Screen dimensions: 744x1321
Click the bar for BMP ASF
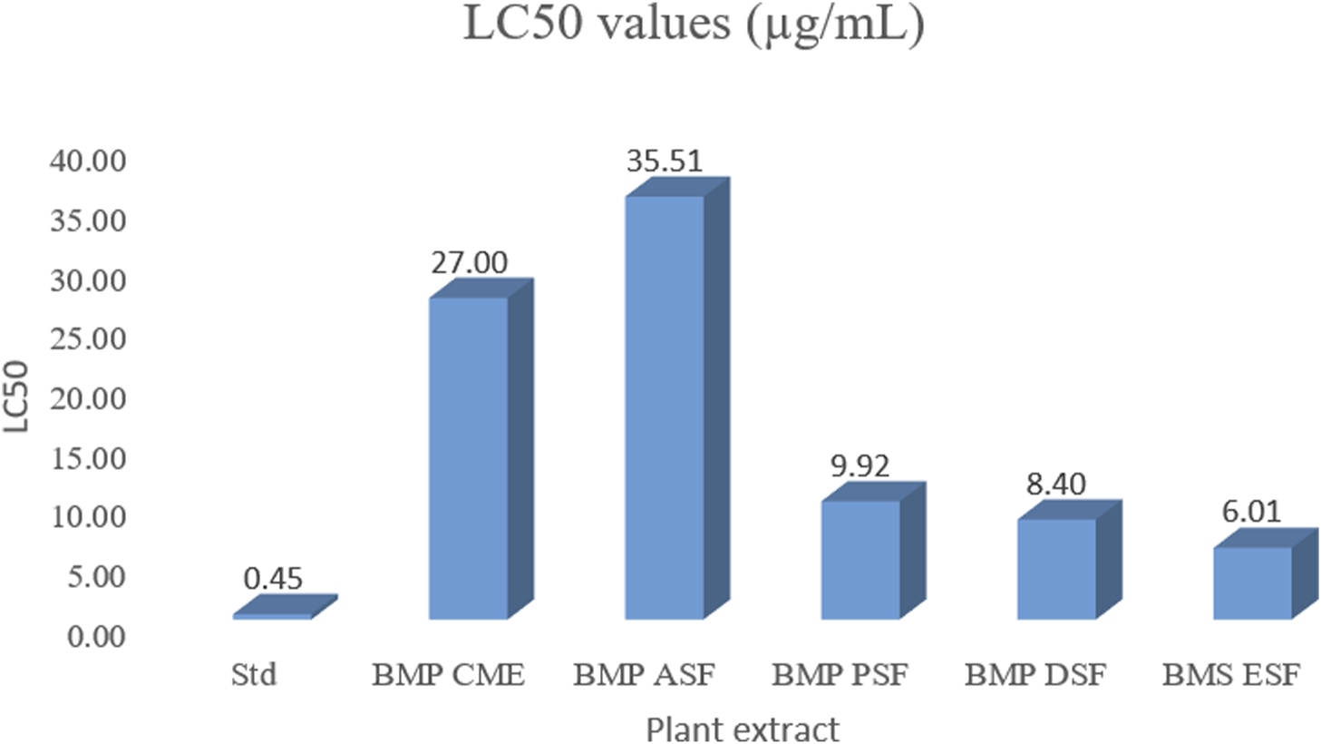pyautogui.click(x=665, y=408)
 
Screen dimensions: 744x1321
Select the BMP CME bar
pyautogui.click(x=469, y=458)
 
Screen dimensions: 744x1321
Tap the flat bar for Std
pyautogui.click(x=272, y=616)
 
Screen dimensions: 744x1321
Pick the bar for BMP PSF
pyautogui.click(x=860, y=560)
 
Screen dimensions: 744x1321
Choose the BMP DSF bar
pyautogui.click(x=1056, y=569)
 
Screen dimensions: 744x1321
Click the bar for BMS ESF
pyautogui.click(x=1252, y=583)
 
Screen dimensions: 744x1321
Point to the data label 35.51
pyautogui.click(x=665, y=162)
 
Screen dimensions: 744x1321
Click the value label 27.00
pyautogui.click(x=469, y=263)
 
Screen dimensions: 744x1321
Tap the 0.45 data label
pyautogui.click(x=273, y=579)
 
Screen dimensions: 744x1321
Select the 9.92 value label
pyautogui.click(x=860, y=466)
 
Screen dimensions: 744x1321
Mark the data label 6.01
pyautogui.click(x=1251, y=512)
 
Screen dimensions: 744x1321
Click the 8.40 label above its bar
pyautogui.click(x=1056, y=485)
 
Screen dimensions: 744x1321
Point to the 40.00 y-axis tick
pyautogui.click(x=88, y=162)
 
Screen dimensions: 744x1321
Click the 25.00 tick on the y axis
pyautogui.click(x=88, y=339)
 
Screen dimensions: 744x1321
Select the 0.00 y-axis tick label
pyautogui.click(x=96, y=636)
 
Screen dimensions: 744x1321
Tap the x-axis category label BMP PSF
pyautogui.click(x=840, y=675)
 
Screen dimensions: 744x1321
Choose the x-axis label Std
pyautogui.click(x=253, y=675)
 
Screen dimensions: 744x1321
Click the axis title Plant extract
pyautogui.click(x=742, y=729)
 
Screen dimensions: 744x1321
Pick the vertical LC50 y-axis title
pyautogui.click(x=16, y=396)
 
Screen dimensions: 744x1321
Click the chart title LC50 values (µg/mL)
pyautogui.click(x=694, y=24)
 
